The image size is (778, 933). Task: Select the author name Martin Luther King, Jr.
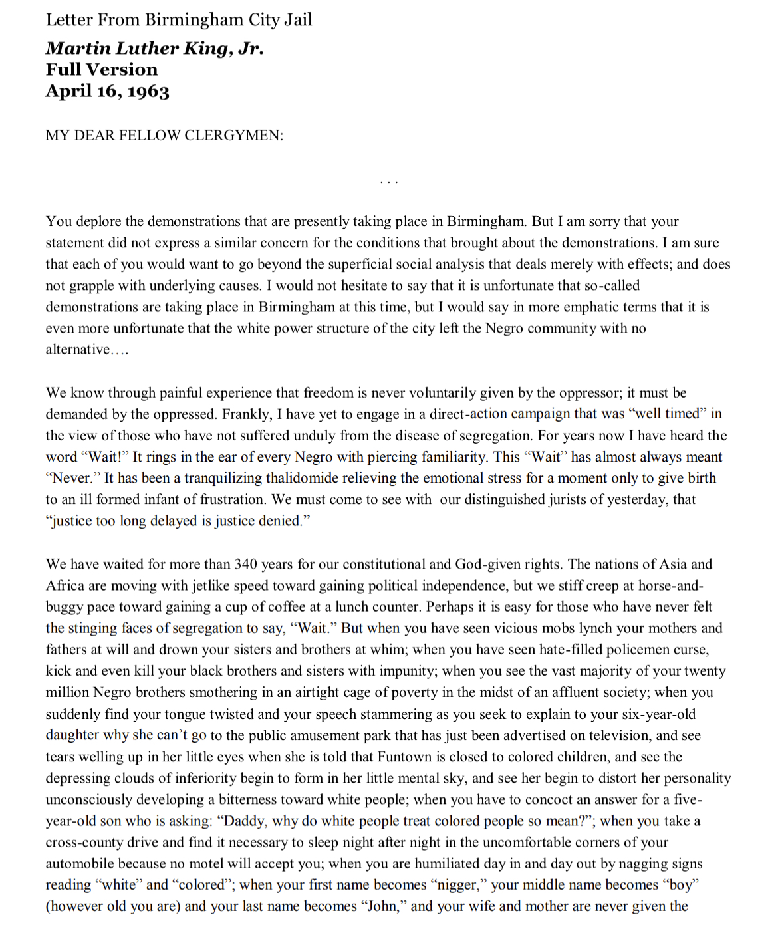(154, 49)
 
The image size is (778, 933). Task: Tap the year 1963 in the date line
(148, 91)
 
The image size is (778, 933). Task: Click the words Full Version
(102, 70)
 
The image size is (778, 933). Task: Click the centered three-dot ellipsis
(388, 181)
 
